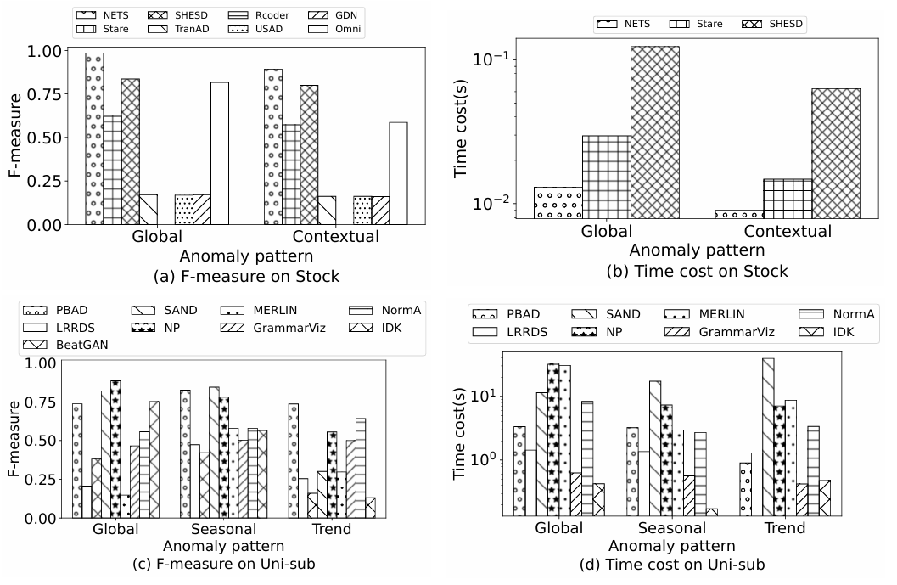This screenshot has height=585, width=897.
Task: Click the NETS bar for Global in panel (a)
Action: (94, 138)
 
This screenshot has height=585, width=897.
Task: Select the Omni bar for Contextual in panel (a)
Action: (398, 173)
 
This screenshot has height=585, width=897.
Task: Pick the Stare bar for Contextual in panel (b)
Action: (788, 198)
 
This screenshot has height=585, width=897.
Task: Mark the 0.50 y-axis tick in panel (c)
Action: (48, 441)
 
